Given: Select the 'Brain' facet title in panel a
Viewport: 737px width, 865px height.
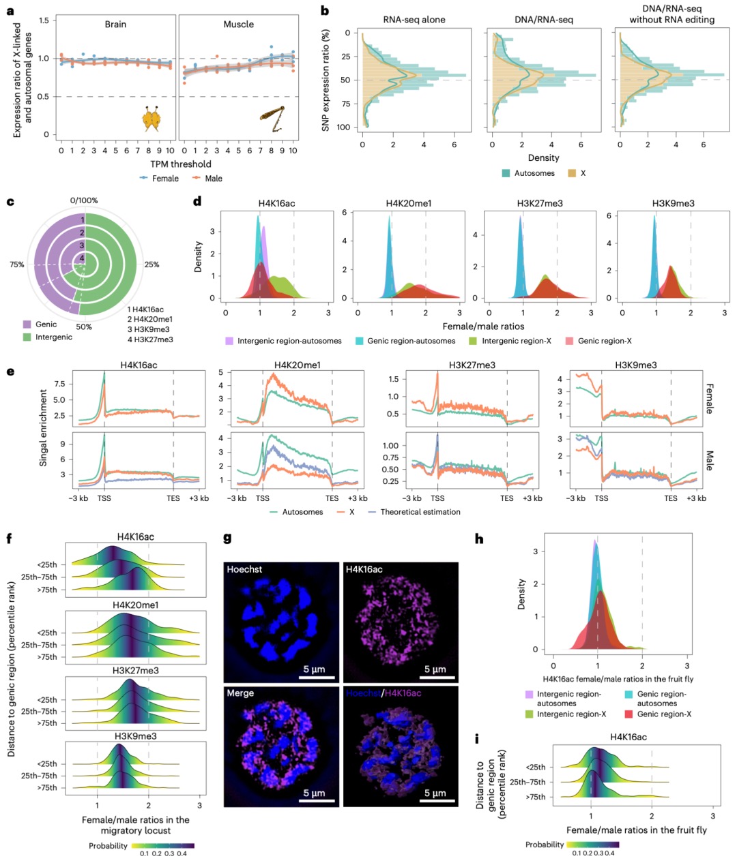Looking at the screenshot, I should point(115,25).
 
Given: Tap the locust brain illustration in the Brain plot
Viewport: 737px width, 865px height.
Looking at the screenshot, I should point(150,119).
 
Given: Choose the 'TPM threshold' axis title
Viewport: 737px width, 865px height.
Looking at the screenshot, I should point(180,164).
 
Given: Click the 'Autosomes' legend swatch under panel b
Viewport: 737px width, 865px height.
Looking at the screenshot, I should point(506,174).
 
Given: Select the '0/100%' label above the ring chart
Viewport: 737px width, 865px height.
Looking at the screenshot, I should point(84,200).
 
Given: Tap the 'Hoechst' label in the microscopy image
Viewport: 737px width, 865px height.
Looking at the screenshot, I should point(244,569).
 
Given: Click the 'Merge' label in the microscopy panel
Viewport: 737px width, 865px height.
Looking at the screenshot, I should point(240,693).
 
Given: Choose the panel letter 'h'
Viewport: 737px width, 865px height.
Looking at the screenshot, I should point(479,538).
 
